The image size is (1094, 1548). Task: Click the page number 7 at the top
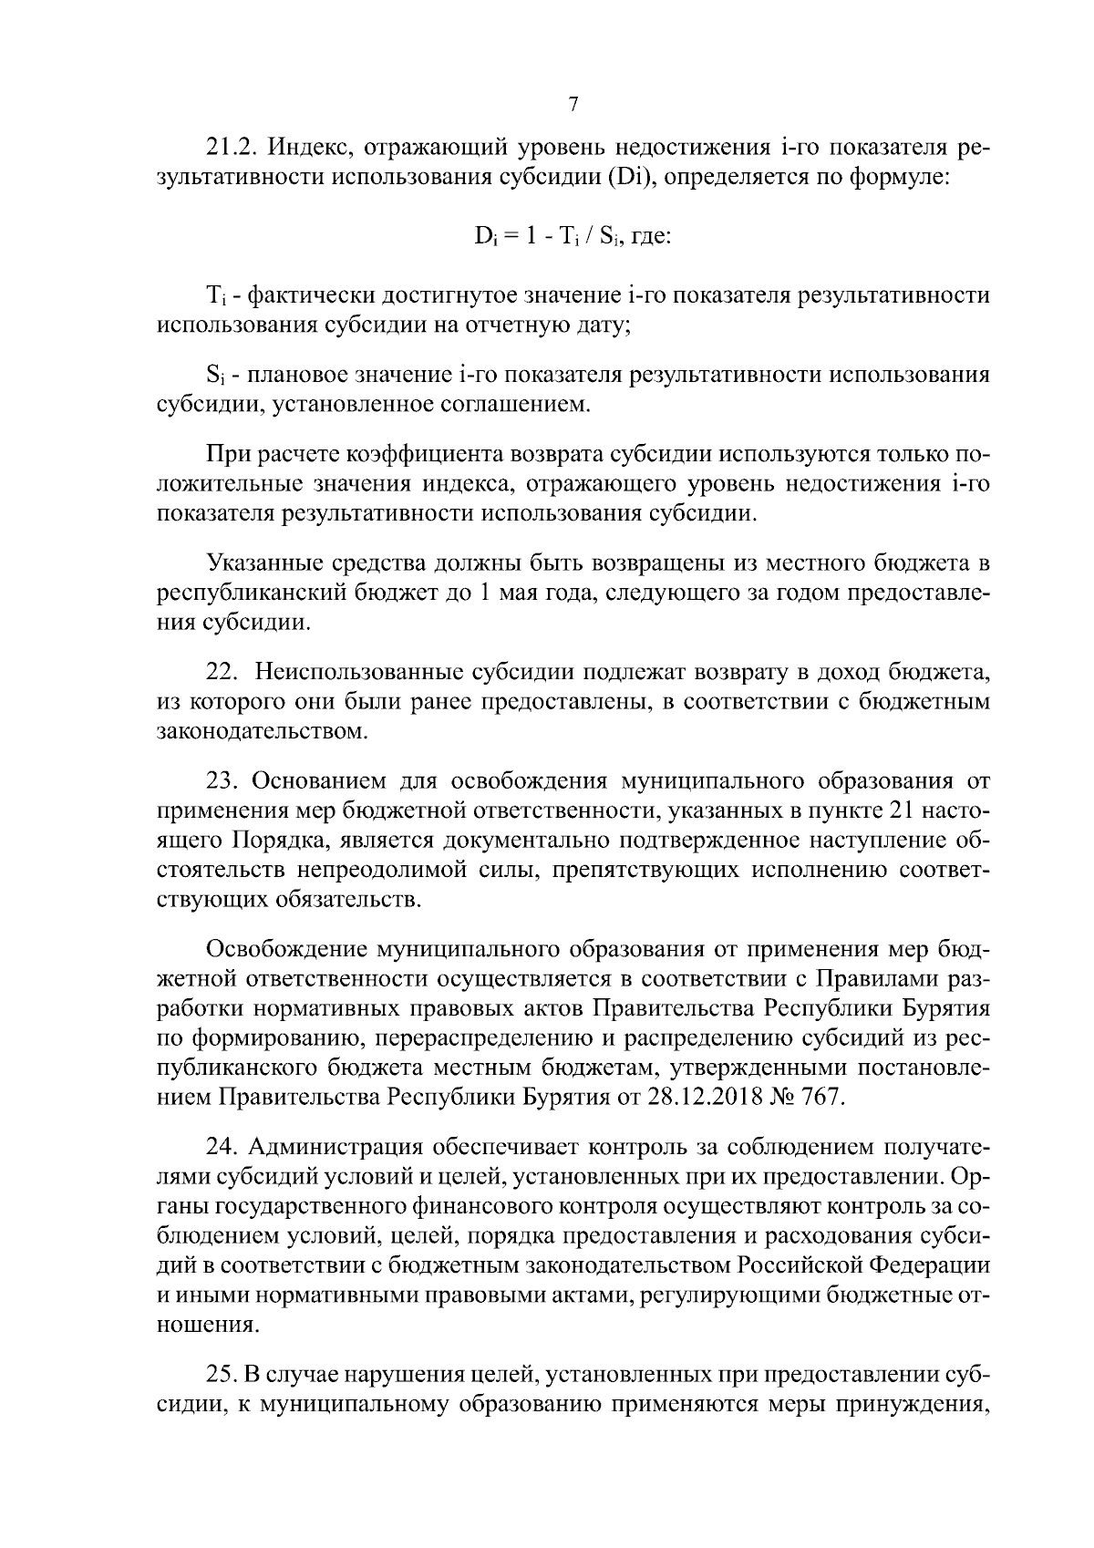573,104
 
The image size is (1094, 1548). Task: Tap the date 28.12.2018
703,1096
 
